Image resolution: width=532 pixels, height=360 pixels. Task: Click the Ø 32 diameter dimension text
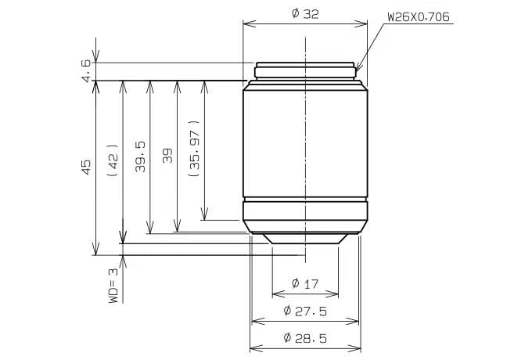coord(305,14)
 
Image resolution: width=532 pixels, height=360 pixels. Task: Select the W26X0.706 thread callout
coord(419,17)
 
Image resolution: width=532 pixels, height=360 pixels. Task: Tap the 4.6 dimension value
coord(86,71)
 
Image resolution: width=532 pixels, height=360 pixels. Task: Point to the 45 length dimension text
coord(86,167)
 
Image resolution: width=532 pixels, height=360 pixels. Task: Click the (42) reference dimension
coord(113,160)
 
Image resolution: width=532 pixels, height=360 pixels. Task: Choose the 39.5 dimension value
coord(140,157)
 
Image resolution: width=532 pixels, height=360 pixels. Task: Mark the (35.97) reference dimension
coord(194,149)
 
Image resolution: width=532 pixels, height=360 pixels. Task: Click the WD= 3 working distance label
coord(113,286)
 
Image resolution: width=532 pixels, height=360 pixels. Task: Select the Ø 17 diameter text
coord(305,283)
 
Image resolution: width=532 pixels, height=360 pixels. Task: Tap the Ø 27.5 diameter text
coord(305,311)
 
